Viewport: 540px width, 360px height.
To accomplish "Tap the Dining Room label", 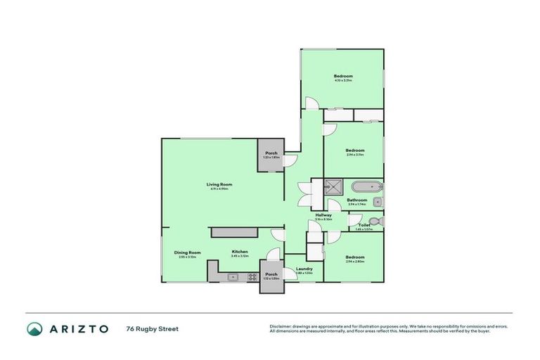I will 188,252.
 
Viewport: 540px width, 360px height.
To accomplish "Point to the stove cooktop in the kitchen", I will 252,277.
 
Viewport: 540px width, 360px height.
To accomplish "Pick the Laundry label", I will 304,268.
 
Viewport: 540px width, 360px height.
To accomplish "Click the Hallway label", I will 323,215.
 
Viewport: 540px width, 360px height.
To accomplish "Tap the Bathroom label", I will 357,200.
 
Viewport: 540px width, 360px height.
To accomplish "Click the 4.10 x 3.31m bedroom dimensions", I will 343,81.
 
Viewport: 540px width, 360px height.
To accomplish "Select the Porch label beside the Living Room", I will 271,153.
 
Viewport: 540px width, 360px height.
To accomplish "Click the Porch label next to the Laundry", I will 271,274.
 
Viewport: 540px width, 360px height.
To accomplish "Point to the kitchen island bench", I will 233,231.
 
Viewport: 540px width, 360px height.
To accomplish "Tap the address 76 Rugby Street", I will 153,328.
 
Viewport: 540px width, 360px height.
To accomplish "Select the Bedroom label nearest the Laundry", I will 355,257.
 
